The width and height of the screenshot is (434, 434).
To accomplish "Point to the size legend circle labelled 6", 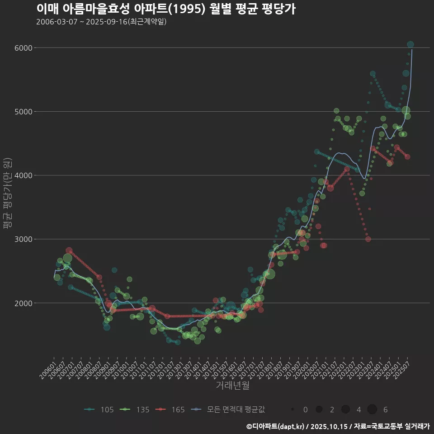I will click(x=372, y=410).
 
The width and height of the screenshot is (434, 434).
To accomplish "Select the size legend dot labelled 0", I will click(x=293, y=410).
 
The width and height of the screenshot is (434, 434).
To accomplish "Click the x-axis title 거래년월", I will click(x=232, y=385).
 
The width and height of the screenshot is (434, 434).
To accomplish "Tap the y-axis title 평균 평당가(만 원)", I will click(x=7, y=194).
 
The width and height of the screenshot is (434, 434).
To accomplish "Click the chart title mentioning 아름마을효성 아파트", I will click(x=165, y=9).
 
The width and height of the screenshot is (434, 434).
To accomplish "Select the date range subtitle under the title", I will click(x=101, y=22).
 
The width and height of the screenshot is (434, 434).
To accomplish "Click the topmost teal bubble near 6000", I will click(x=410, y=44).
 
